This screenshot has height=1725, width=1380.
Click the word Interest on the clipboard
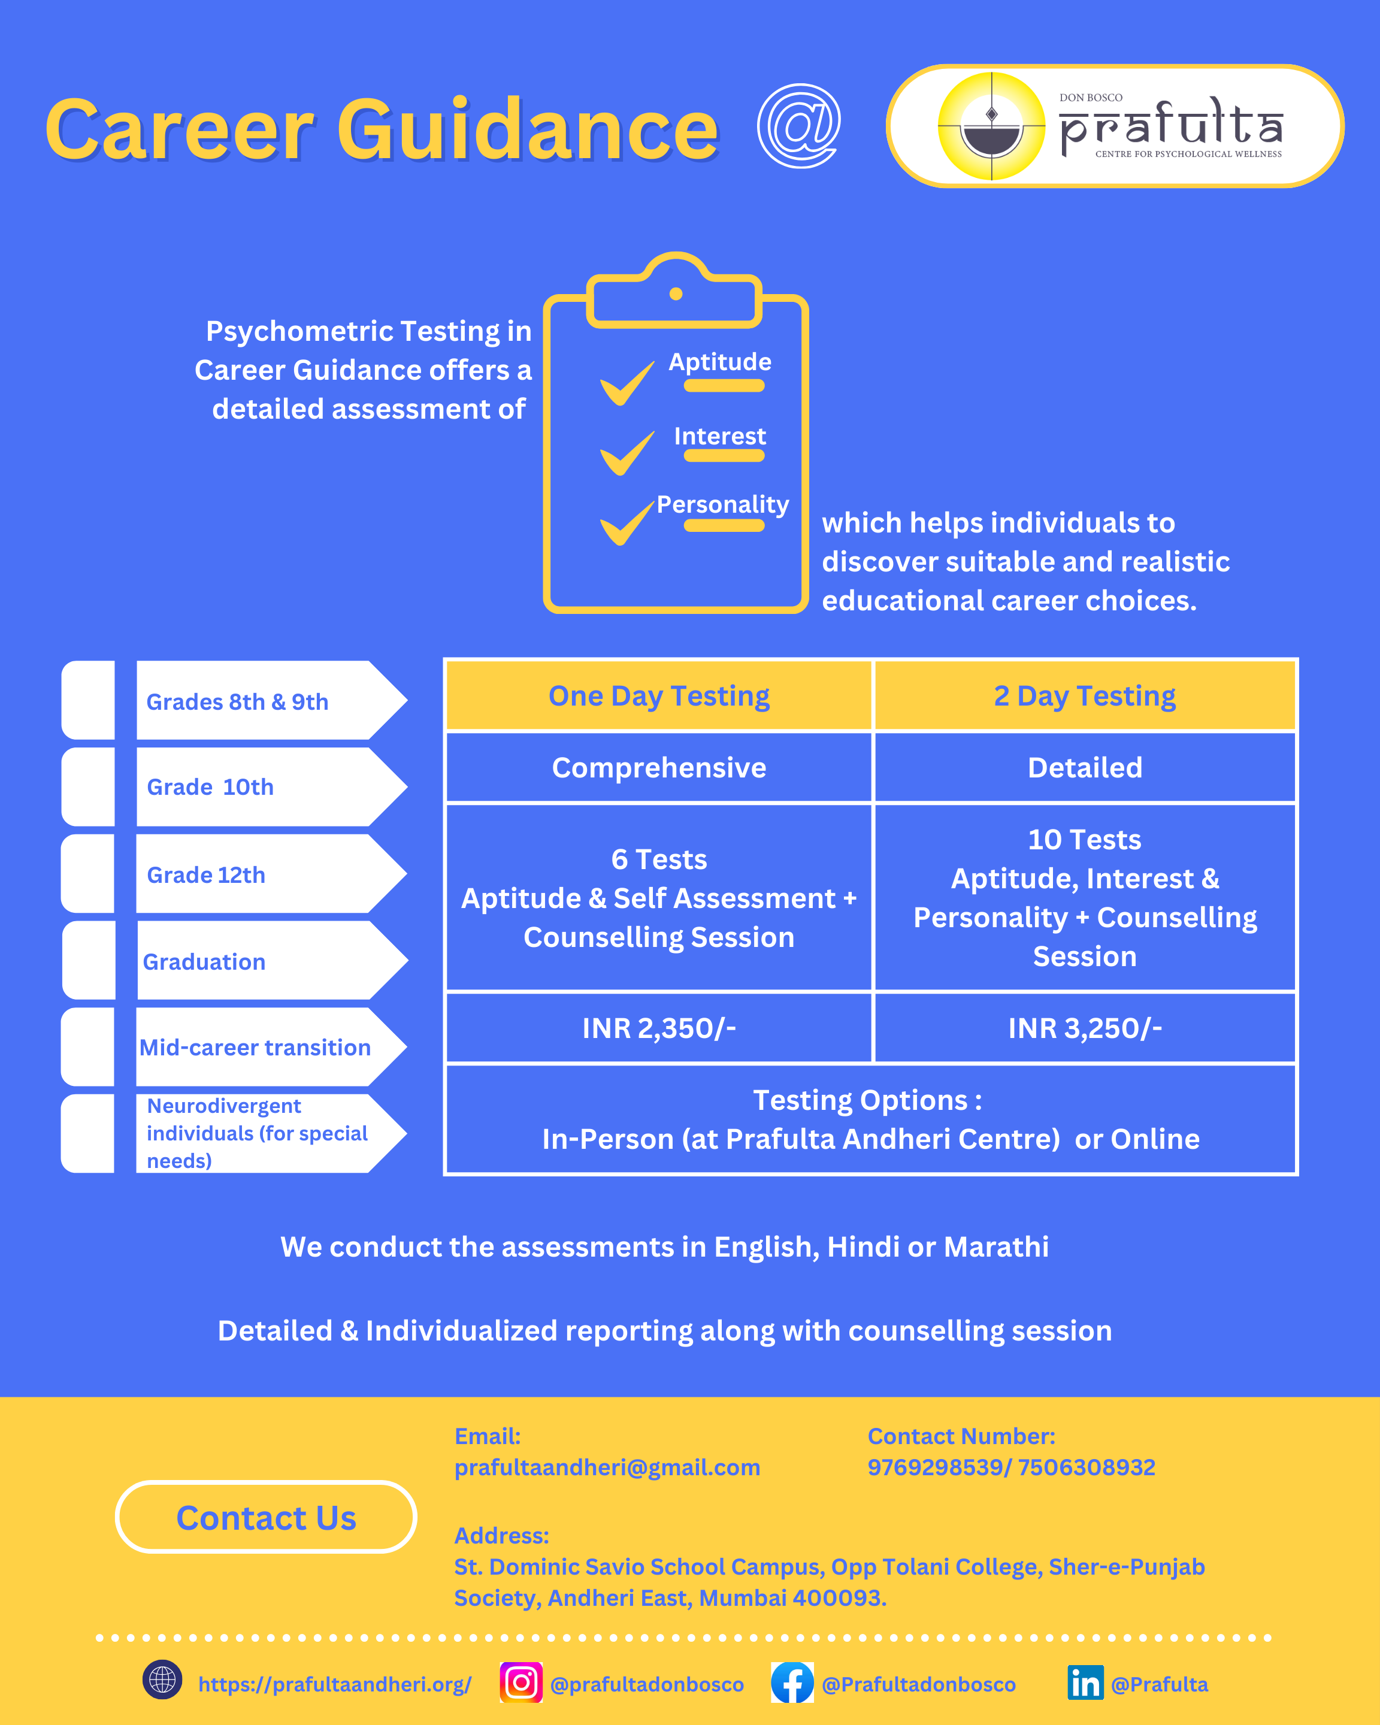(x=720, y=436)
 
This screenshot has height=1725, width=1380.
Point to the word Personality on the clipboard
(x=722, y=505)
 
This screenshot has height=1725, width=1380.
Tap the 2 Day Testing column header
(x=1085, y=696)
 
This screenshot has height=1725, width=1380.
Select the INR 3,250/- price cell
(x=1085, y=1028)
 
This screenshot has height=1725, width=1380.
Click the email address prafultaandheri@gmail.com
(x=607, y=1467)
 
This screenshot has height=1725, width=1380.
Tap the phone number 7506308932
(x=1087, y=1467)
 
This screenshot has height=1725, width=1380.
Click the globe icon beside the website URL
(x=162, y=1679)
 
